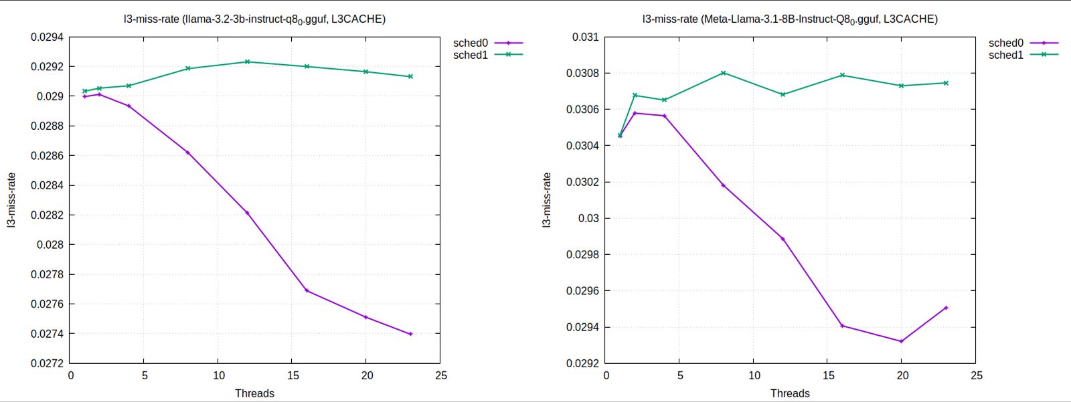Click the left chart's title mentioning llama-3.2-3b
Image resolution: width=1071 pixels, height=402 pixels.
[254, 19]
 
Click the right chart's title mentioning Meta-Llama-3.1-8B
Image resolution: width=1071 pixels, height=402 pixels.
[790, 19]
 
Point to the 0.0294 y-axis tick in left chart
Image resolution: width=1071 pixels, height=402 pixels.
[47, 37]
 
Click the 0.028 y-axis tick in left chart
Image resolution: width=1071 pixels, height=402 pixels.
[50, 245]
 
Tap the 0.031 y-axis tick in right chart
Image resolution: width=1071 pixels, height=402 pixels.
[585, 37]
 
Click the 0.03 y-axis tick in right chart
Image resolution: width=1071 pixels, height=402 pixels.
[588, 218]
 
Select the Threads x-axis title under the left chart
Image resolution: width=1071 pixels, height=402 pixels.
[254, 393]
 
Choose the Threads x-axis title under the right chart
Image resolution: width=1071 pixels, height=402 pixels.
[790, 393]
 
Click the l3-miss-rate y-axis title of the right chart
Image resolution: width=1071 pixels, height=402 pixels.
[547, 200]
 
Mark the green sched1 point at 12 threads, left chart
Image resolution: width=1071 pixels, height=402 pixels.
[247, 62]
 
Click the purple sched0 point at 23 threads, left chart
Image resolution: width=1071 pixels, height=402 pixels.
[410, 334]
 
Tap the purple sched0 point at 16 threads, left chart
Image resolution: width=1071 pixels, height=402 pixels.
[307, 290]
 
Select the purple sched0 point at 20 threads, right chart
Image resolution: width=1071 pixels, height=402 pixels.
[901, 341]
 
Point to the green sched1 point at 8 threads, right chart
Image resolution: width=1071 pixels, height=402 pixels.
[723, 73]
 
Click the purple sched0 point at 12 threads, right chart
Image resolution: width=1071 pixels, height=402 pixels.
[782, 239]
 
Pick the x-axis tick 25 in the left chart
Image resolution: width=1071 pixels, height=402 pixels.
[440, 375]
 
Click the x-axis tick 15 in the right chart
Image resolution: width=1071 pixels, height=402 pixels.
[828, 375]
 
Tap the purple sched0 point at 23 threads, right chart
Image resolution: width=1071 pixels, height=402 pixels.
[946, 308]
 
